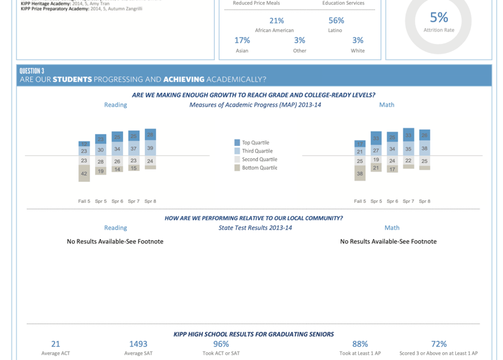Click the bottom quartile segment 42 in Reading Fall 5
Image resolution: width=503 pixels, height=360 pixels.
pos(84,173)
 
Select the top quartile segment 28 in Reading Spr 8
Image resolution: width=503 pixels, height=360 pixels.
pos(150,135)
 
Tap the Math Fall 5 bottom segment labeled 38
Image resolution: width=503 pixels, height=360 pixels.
pos(360,173)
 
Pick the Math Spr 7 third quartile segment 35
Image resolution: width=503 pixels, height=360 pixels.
pos(408,149)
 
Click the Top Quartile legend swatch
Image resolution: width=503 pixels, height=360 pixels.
pos(237,143)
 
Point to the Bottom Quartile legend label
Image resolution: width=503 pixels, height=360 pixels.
pos(259,168)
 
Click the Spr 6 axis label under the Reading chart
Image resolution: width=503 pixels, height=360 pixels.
pos(117,201)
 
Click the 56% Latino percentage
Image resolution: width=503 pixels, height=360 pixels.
pos(336,20)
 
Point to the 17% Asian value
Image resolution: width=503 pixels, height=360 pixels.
pos(242,40)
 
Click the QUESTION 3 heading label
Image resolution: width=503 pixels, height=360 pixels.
pos(32,71)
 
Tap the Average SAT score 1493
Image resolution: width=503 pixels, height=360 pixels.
pos(138,344)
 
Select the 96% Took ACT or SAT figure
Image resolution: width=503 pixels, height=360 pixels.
pos(221,344)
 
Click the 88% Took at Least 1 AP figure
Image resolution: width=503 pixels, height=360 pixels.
pos(360,344)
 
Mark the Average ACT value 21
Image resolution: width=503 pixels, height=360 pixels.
pos(56,344)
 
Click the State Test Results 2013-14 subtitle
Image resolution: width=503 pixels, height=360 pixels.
pos(255,228)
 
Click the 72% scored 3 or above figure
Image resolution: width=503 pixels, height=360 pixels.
pos(439,344)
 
